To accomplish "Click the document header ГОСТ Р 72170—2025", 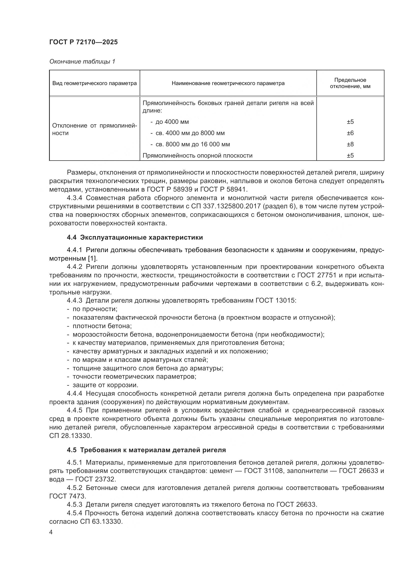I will click(x=83, y=42).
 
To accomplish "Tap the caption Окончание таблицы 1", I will click(x=82, y=62).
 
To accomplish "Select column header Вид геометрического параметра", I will click(x=94, y=83).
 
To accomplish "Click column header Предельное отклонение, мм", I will click(x=350, y=83).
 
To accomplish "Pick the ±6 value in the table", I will click(x=350, y=133).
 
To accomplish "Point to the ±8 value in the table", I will click(x=350, y=144).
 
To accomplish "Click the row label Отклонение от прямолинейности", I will click(x=94, y=129).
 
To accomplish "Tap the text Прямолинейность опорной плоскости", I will click(x=197, y=155).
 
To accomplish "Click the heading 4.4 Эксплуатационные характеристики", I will click(x=135, y=237).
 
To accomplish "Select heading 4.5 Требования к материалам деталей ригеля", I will click(x=146, y=450).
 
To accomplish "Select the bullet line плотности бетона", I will click(x=102, y=326).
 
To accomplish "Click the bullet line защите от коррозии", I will click(x=105, y=385).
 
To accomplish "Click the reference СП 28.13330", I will click(x=70, y=436).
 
